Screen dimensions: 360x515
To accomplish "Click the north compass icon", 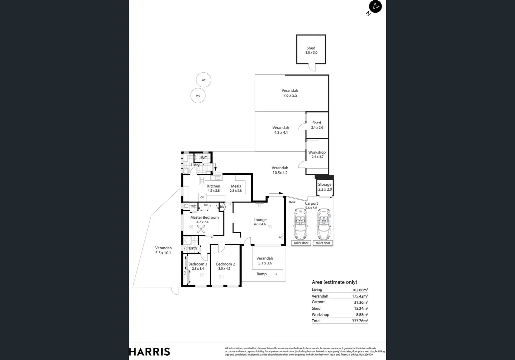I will (375, 7).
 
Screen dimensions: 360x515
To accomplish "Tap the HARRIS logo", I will (149, 352).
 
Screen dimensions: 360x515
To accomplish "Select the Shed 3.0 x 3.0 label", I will (311, 50).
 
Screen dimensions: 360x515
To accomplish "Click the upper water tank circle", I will (203, 80).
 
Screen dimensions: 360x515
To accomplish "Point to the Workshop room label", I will (317, 154).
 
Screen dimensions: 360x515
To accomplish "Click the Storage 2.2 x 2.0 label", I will (325, 187).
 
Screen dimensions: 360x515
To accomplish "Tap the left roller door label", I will (301, 243).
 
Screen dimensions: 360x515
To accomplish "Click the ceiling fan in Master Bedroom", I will (201, 229).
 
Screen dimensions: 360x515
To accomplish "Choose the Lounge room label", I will (260, 222).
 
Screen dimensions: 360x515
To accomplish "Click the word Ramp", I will (262, 274).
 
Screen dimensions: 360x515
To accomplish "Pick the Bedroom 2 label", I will (225, 266).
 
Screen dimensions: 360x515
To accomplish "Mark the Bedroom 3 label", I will (197, 266).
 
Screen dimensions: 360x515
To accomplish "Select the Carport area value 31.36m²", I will (361, 302).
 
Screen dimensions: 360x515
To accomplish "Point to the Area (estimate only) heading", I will (334, 282).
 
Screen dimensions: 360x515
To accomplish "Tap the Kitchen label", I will (213, 188).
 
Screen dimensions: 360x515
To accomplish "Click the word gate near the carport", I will (292, 202).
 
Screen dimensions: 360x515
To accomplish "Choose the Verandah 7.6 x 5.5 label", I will (290, 93).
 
